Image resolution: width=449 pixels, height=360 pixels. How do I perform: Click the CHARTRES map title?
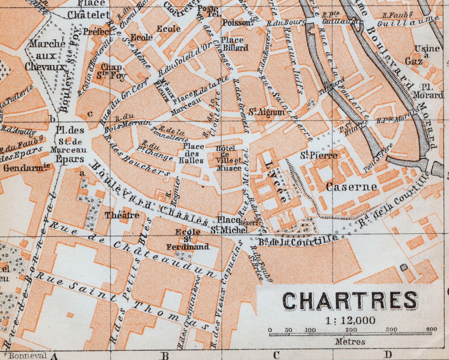point(350,300)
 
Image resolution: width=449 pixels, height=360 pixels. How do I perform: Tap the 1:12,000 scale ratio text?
point(350,320)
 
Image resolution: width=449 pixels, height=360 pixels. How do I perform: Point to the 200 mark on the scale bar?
point(352,330)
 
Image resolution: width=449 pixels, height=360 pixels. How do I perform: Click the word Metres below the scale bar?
point(350,342)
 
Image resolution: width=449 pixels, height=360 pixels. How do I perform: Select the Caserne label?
point(351,187)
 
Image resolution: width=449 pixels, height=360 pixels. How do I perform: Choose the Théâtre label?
point(122,215)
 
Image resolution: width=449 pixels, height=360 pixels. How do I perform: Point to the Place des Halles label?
point(194,153)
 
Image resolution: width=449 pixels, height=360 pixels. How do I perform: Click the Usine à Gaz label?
point(422,55)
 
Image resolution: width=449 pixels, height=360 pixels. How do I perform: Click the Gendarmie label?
point(26,167)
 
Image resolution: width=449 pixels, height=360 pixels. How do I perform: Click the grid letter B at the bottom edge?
point(165,355)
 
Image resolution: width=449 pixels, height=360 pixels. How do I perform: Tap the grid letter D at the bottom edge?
point(387,355)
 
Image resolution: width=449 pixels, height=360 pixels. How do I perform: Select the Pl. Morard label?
point(427,91)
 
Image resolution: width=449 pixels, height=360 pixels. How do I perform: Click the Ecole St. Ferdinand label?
point(187,239)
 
